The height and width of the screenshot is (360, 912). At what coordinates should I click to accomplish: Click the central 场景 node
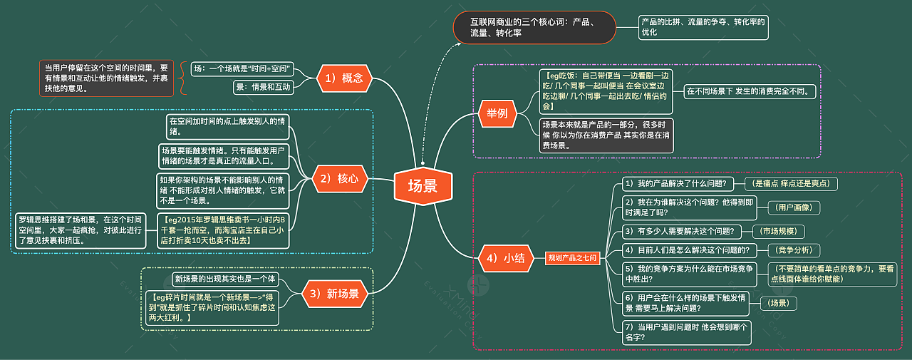pyautogui.click(x=423, y=186)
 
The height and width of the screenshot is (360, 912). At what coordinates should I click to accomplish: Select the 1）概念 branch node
pyautogui.click(x=343, y=78)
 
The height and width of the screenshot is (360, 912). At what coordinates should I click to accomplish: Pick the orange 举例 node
pyautogui.click(x=497, y=114)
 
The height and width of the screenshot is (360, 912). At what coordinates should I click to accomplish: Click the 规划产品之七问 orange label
pyautogui.click(x=571, y=258)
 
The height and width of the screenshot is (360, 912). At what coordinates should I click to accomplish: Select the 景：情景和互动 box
pyautogui.click(x=264, y=87)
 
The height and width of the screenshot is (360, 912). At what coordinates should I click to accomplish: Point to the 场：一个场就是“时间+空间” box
pyautogui.click(x=244, y=69)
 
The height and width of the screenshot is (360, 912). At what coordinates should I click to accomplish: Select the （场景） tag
pyautogui.click(x=779, y=303)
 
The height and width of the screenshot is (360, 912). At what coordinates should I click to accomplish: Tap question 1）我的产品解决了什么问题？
pyautogui.click(x=676, y=184)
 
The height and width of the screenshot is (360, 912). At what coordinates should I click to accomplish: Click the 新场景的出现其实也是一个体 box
pyautogui.click(x=224, y=279)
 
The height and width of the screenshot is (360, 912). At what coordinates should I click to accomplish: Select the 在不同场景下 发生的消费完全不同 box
pyautogui.click(x=750, y=91)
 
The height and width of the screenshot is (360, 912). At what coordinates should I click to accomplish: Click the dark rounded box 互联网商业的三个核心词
pyautogui.click(x=533, y=27)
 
